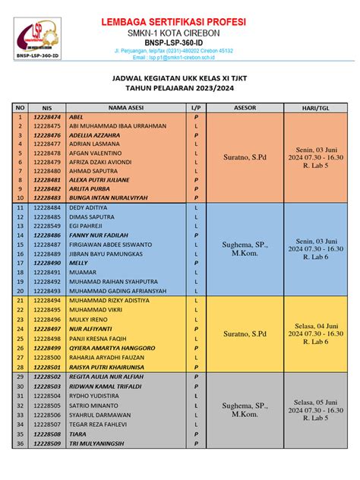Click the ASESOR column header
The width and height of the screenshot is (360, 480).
click(x=245, y=108)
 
